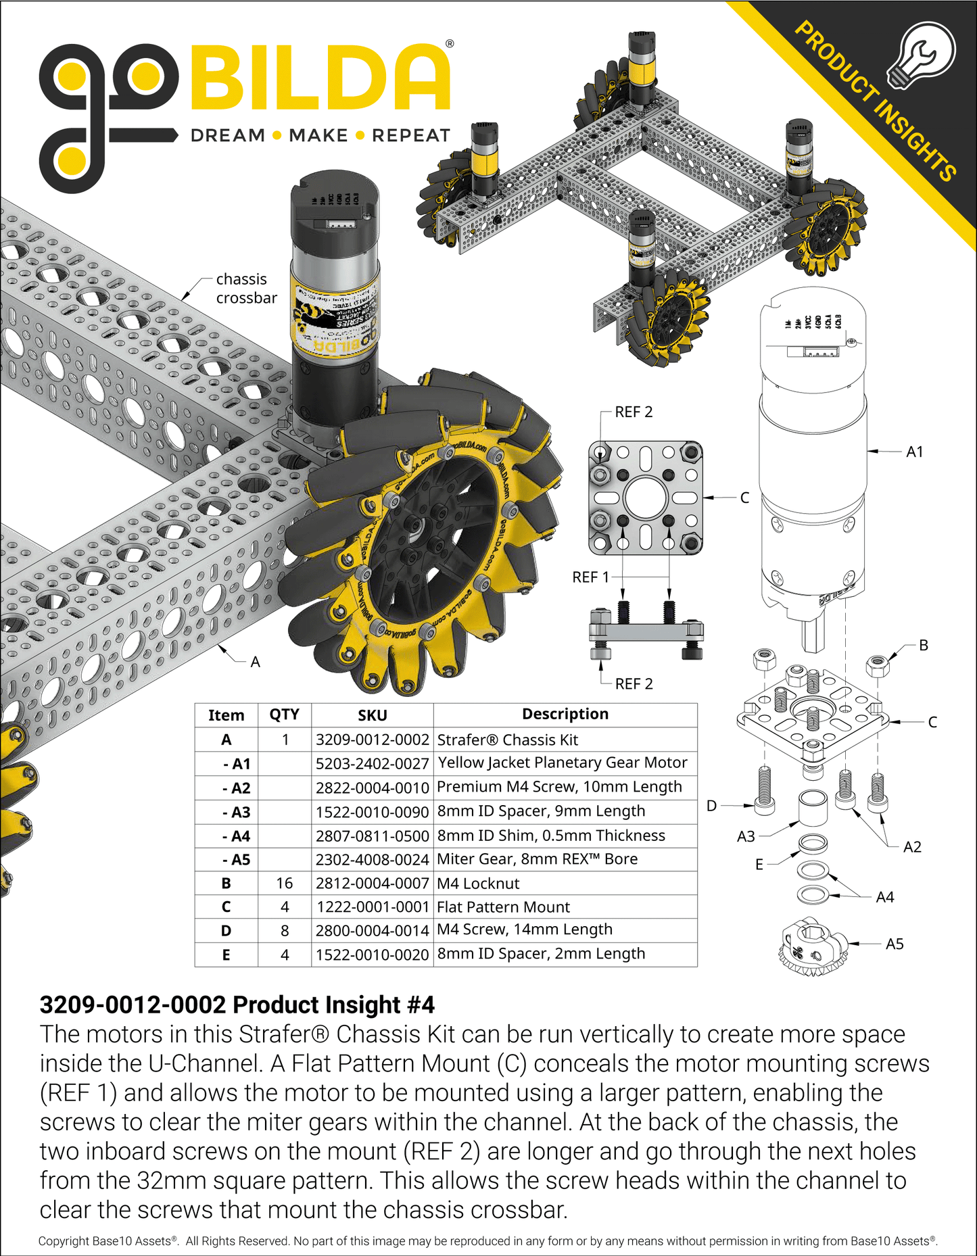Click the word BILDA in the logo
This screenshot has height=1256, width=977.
pos(320,78)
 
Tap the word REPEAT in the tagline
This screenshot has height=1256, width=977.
pos(410,136)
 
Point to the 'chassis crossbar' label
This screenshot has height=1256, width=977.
pos(245,289)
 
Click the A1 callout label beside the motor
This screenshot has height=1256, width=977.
pos(914,452)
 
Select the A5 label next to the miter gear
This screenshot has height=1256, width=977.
pos(894,944)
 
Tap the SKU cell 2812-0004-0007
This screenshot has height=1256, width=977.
pos(372,884)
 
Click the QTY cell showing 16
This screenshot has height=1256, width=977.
pos(285,884)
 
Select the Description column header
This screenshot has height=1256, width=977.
pos(565,715)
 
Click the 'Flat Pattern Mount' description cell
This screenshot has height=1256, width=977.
pos(503,907)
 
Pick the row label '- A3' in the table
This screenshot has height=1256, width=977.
pos(236,812)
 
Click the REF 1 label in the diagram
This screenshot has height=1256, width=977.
pos(590,577)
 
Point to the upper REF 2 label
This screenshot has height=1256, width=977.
pos(633,412)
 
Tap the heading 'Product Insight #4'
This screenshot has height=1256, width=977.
pos(237,1005)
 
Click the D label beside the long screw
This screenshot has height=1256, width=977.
pos(711,806)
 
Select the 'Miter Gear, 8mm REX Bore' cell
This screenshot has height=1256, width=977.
pos(537,859)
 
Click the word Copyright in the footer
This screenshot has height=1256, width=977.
pos(64,1241)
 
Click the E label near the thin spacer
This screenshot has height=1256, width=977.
pos(759,865)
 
